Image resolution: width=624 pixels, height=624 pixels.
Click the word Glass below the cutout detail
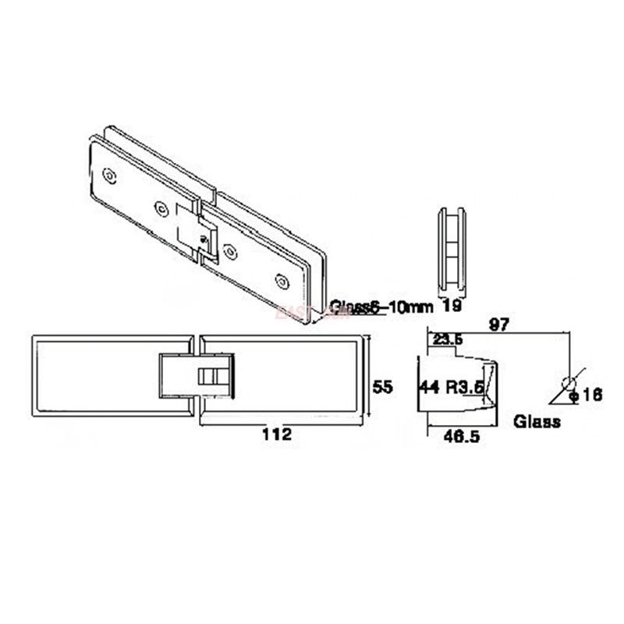537,422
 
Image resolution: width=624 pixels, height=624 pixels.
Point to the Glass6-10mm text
381,307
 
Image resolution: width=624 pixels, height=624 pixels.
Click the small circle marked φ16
569,382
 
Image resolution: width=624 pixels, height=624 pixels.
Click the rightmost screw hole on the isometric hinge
282,277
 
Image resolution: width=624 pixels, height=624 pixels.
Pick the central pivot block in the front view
197,377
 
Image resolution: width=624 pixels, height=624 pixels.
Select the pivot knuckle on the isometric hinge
195,231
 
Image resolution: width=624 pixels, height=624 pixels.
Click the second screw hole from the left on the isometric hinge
161,207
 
